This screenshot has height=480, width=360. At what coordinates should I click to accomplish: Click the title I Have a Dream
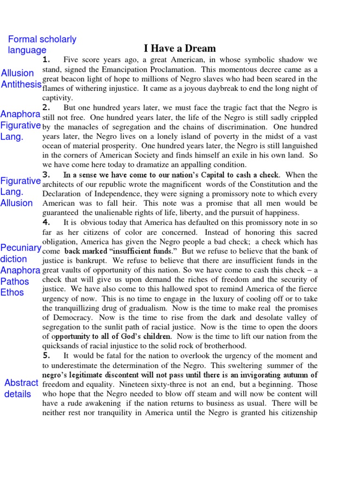point(180,48)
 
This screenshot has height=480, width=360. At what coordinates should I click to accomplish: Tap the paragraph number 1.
point(46,60)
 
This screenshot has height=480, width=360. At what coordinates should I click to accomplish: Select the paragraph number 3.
point(46,175)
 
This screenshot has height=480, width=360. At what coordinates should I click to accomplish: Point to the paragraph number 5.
point(46,356)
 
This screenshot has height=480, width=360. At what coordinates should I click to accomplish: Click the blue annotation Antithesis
point(21,84)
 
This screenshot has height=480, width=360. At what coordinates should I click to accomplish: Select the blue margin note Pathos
point(15,282)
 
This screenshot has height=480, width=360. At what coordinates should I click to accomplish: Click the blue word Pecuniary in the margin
point(21,248)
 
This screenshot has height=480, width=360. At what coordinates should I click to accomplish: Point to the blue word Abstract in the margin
point(21,383)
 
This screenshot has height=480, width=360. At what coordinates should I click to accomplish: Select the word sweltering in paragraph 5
point(262,365)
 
